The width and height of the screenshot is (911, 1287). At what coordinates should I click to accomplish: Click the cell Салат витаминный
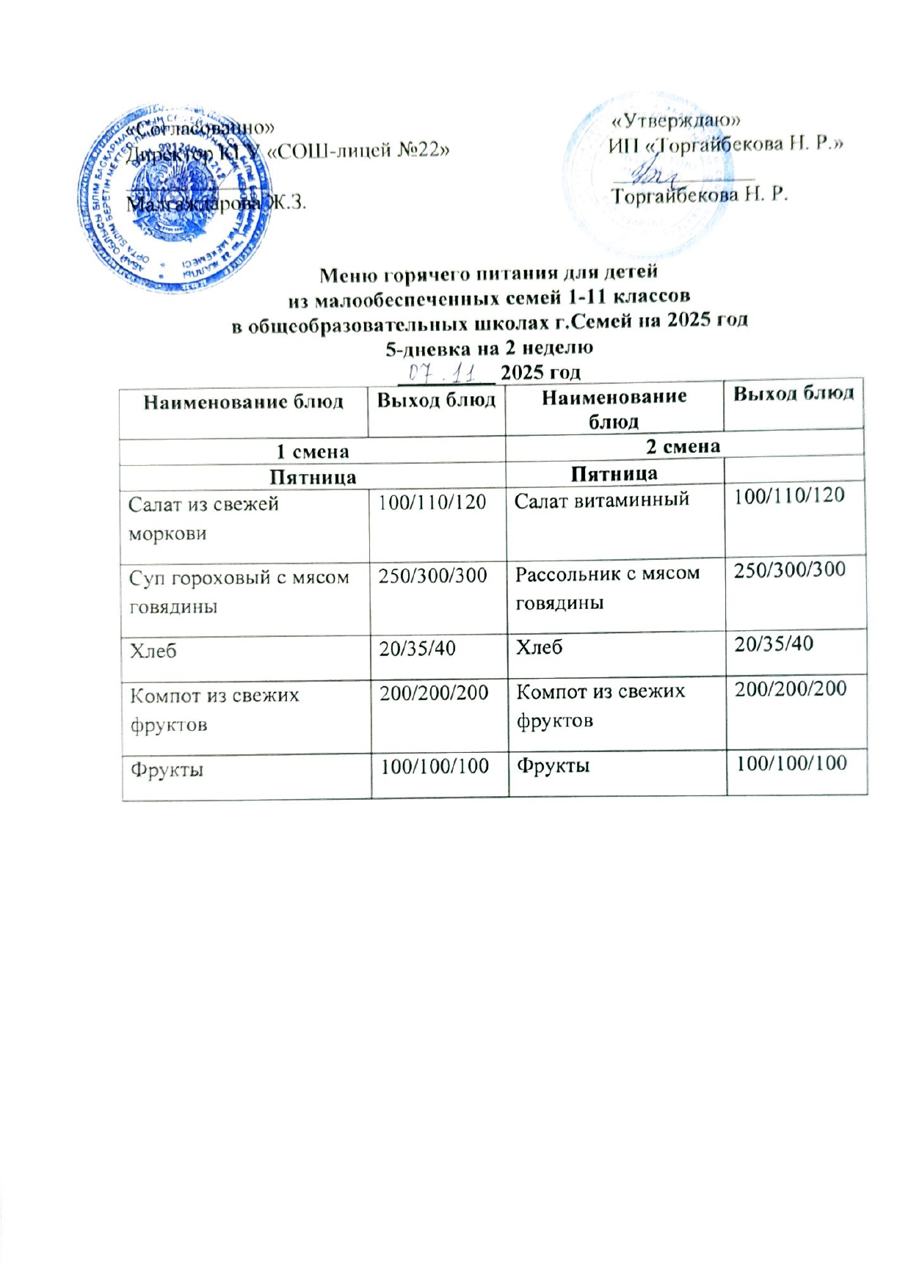point(602,500)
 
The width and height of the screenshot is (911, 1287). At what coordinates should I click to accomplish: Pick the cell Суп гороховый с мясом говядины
point(239,591)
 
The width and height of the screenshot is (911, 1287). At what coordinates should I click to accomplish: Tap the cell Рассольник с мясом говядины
point(607,588)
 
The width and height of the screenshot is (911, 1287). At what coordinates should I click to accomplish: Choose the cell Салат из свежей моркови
point(203,518)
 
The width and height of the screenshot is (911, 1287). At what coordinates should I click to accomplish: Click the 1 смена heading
point(312,452)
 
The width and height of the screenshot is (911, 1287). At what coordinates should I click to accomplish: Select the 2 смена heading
point(683,447)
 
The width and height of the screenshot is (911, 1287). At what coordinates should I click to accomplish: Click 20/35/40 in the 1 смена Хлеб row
point(417,649)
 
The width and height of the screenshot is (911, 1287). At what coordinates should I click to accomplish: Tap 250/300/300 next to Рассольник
point(790,569)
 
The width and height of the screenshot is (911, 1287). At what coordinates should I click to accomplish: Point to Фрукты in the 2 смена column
point(553,766)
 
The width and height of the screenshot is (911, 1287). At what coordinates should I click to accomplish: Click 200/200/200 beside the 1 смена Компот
point(434,693)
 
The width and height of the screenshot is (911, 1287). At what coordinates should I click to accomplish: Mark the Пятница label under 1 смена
point(312,478)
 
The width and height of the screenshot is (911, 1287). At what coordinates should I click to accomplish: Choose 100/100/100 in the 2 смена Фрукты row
point(791,763)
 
